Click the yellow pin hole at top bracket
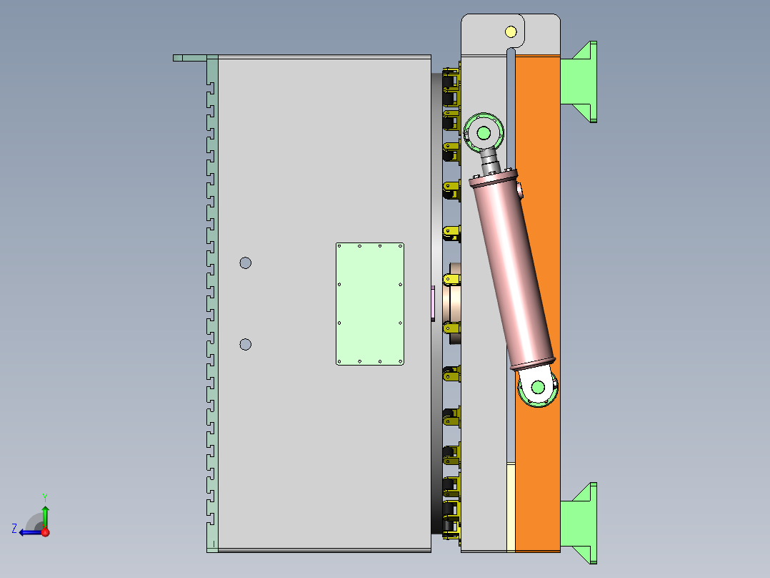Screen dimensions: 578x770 click(x=510, y=31)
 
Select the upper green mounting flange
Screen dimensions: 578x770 click(x=580, y=82)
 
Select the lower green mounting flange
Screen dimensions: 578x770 click(x=580, y=523)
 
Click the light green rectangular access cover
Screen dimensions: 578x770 click(x=370, y=304)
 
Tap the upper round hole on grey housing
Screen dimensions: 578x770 click(x=245, y=263)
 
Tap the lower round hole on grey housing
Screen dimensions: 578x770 click(x=245, y=345)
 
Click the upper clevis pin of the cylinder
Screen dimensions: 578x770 click(x=484, y=132)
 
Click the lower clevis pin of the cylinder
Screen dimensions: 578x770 click(x=537, y=387)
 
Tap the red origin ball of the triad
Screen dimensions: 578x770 click(x=45, y=532)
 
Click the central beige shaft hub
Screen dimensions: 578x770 click(x=454, y=297)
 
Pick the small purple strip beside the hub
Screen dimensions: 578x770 click(x=433, y=304)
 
